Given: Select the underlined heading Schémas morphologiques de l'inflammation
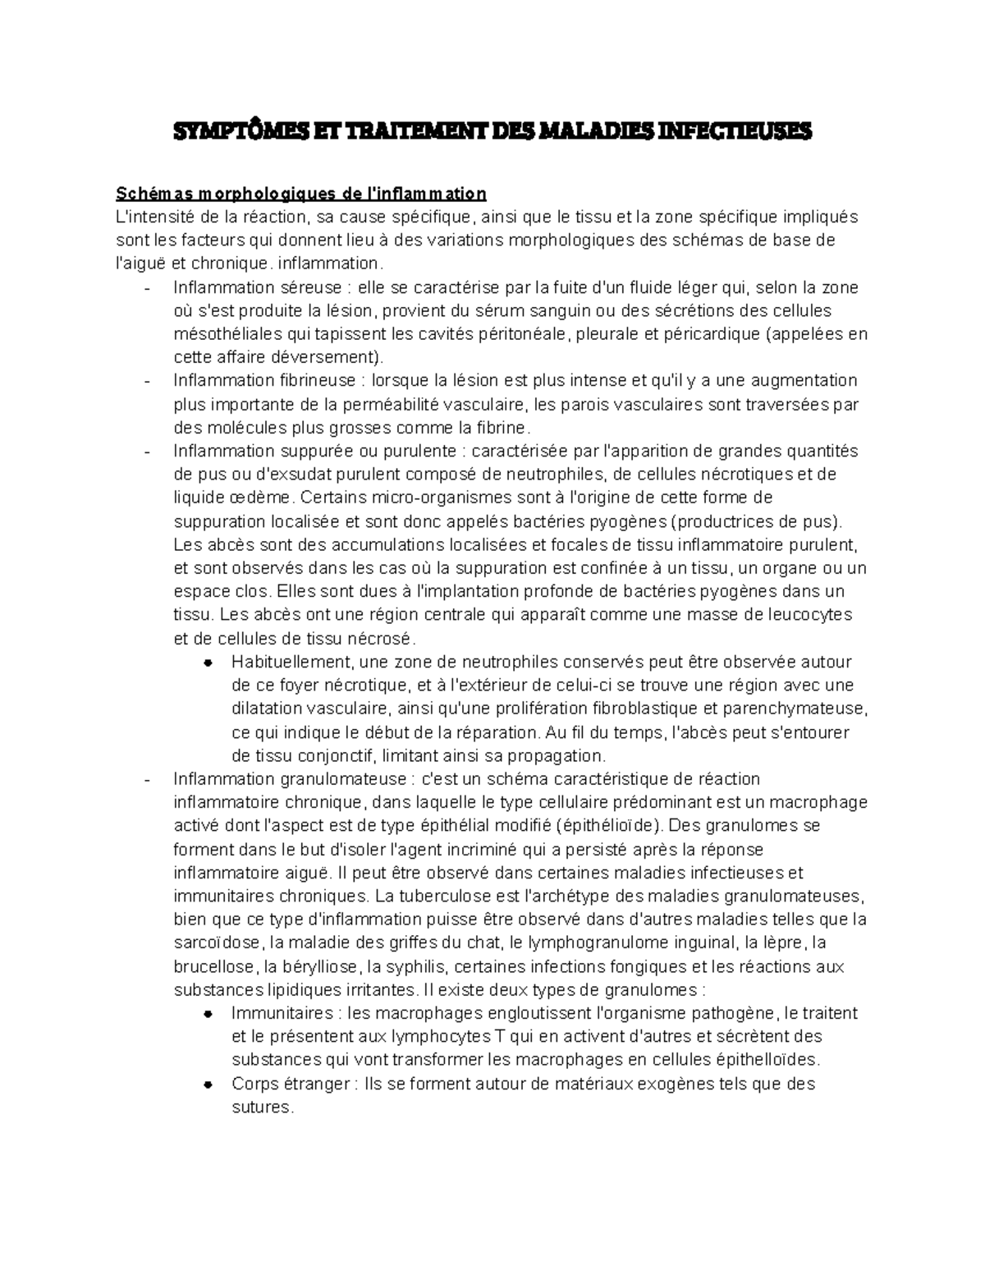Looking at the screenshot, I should tap(301, 194).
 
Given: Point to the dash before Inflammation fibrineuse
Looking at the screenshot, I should tap(146, 382).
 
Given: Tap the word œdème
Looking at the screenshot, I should tap(261, 498).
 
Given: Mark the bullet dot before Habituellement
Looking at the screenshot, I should tap(208, 663).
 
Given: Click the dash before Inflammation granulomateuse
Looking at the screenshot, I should tap(146, 780).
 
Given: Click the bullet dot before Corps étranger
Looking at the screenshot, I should tap(208, 1085).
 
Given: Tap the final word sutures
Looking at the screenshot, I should tap(261, 1107).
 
